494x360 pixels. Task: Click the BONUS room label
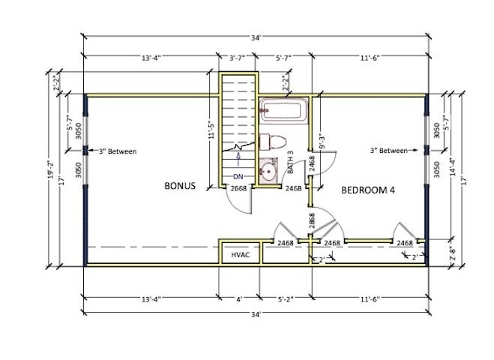tap(180, 186)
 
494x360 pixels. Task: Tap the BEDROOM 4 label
tap(368, 190)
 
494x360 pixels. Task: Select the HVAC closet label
tap(241, 255)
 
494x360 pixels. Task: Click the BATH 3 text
tap(290, 162)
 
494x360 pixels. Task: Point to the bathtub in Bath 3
tap(283, 110)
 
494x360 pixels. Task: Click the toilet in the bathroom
tap(273, 142)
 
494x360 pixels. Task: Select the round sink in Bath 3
tap(268, 171)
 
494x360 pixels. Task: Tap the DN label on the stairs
tap(238, 177)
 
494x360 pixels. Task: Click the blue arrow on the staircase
tap(238, 160)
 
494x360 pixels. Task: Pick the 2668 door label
tap(238, 188)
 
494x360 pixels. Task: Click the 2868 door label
tap(312, 220)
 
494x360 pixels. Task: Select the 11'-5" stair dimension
tap(211, 130)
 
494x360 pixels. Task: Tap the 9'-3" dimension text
tap(322, 142)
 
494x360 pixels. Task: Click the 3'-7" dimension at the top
tap(237, 58)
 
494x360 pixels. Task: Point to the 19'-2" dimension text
tap(50, 169)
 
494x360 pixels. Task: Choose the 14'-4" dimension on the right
tap(453, 166)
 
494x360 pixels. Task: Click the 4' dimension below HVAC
tap(239, 299)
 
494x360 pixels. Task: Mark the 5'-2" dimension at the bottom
tap(286, 299)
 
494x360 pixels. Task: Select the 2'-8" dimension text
tap(453, 253)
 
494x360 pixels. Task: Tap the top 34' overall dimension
tap(256, 38)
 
